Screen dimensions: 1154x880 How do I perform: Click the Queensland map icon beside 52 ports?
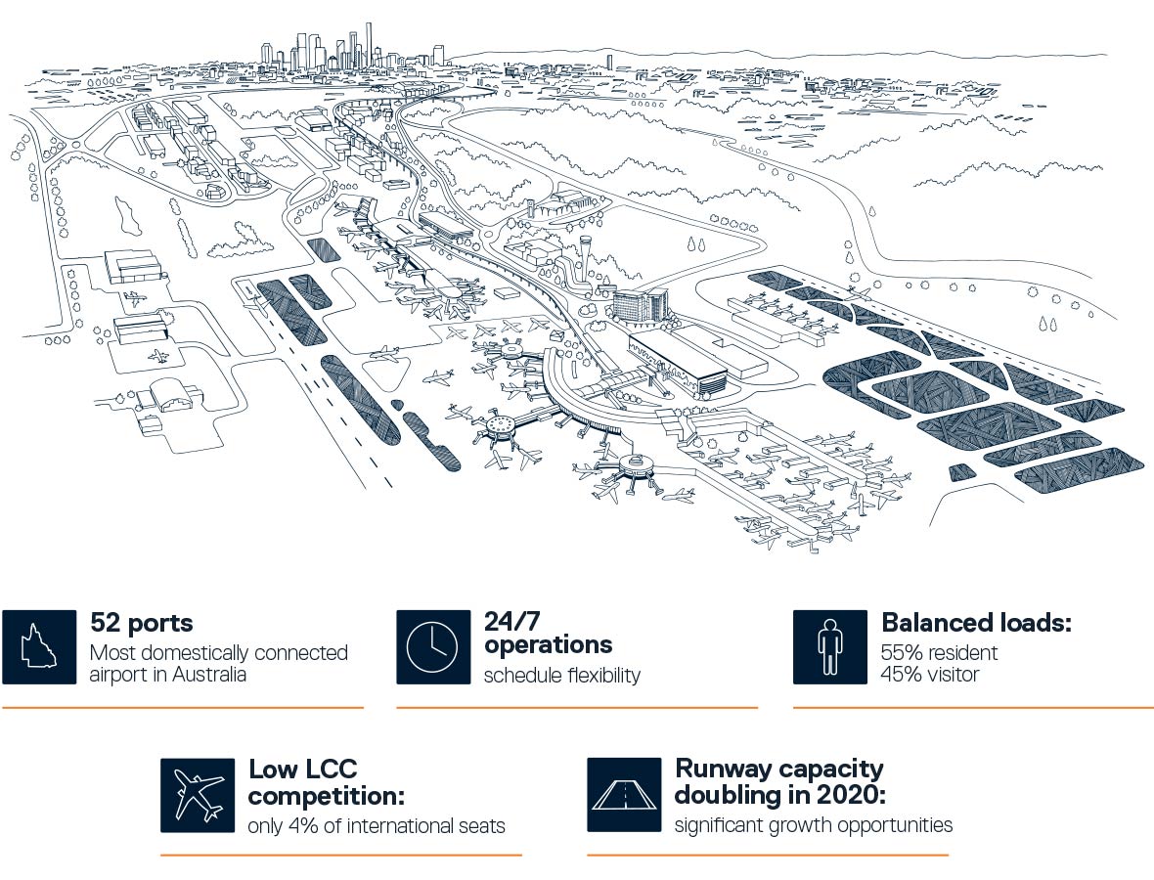click(x=39, y=646)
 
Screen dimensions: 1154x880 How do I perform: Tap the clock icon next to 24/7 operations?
click(x=433, y=646)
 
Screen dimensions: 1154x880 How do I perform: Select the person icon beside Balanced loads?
click(x=830, y=646)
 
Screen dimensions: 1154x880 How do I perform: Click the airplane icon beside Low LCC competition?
click(x=198, y=795)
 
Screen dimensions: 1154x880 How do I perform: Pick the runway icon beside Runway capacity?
click(x=624, y=795)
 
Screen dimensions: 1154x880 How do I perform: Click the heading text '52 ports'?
click(x=141, y=623)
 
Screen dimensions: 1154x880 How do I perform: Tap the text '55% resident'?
click(x=939, y=652)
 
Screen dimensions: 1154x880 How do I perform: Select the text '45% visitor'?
click(x=930, y=674)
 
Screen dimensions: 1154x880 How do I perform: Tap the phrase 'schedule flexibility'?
click(x=562, y=675)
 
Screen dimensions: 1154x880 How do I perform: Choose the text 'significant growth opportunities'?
click(x=814, y=825)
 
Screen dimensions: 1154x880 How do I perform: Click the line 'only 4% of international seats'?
click(x=377, y=825)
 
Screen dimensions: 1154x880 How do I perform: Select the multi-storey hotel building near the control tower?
click(x=641, y=304)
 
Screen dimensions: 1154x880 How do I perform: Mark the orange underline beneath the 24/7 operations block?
click(x=577, y=708)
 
